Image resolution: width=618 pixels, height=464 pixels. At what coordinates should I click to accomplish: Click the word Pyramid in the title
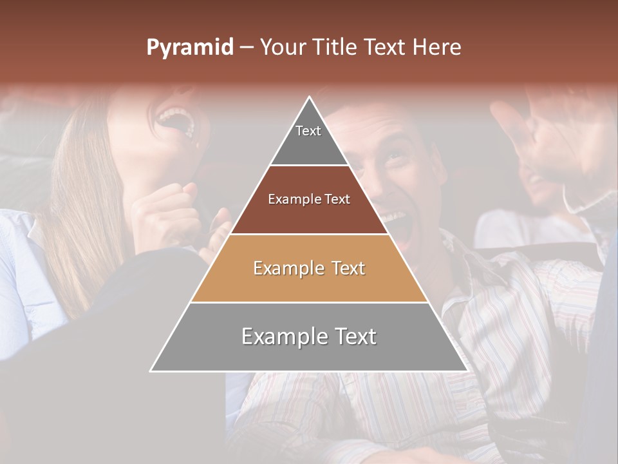(189, 48)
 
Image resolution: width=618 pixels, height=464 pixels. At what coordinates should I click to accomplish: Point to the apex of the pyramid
(310, 97)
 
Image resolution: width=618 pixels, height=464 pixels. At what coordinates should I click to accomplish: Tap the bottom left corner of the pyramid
(151, 371)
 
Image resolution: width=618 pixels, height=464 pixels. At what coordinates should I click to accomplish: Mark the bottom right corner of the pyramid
(467, 371)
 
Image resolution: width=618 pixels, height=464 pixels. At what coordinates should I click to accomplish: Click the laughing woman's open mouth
(178, 121)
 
